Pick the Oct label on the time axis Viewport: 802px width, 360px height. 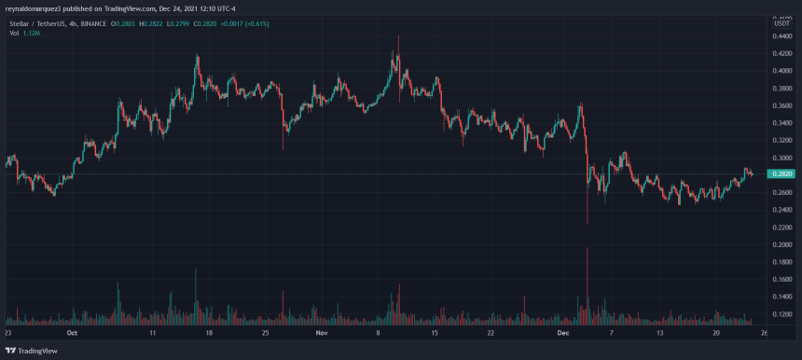(x=73, y=332)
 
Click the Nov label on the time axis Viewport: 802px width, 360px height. (x=322, y=332)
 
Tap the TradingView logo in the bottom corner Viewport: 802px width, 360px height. (x=34, y=350)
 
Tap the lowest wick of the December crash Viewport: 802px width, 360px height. (x=588, y=222)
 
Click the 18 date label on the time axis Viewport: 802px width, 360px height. (x=209, y=332)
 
